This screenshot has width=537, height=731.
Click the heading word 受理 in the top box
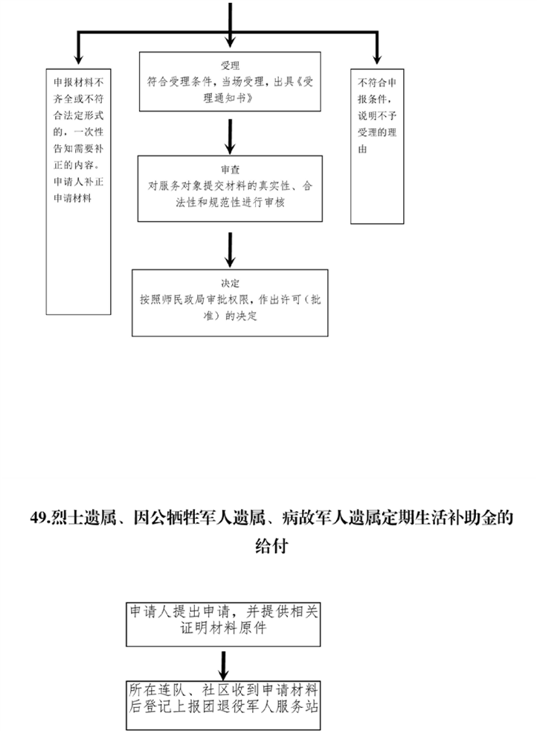tap(230, 66)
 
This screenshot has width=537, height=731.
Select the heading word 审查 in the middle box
tap(230, 169)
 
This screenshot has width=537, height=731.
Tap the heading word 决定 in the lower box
tap(230, 283)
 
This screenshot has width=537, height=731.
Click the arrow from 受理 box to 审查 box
tap(230, 136)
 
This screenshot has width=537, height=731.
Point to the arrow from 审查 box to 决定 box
tap(230, 250)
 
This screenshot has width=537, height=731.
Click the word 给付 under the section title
tap(271, 546)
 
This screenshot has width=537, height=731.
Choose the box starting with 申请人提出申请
tap(223, 625)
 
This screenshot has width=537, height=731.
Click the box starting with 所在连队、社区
tap(223, 705)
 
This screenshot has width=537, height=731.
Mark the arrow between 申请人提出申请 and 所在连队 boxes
tap(224, 665)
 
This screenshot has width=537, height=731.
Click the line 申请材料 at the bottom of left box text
tap(72, 198)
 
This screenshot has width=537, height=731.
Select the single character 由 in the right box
tap(363, 149)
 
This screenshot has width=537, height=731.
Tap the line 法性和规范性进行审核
tap(230, 202)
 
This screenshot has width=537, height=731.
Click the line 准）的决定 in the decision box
tap(230, 316)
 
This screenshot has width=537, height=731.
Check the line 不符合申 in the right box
tap(377, 83)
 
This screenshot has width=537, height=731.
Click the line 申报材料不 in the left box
tap(78, 83)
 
